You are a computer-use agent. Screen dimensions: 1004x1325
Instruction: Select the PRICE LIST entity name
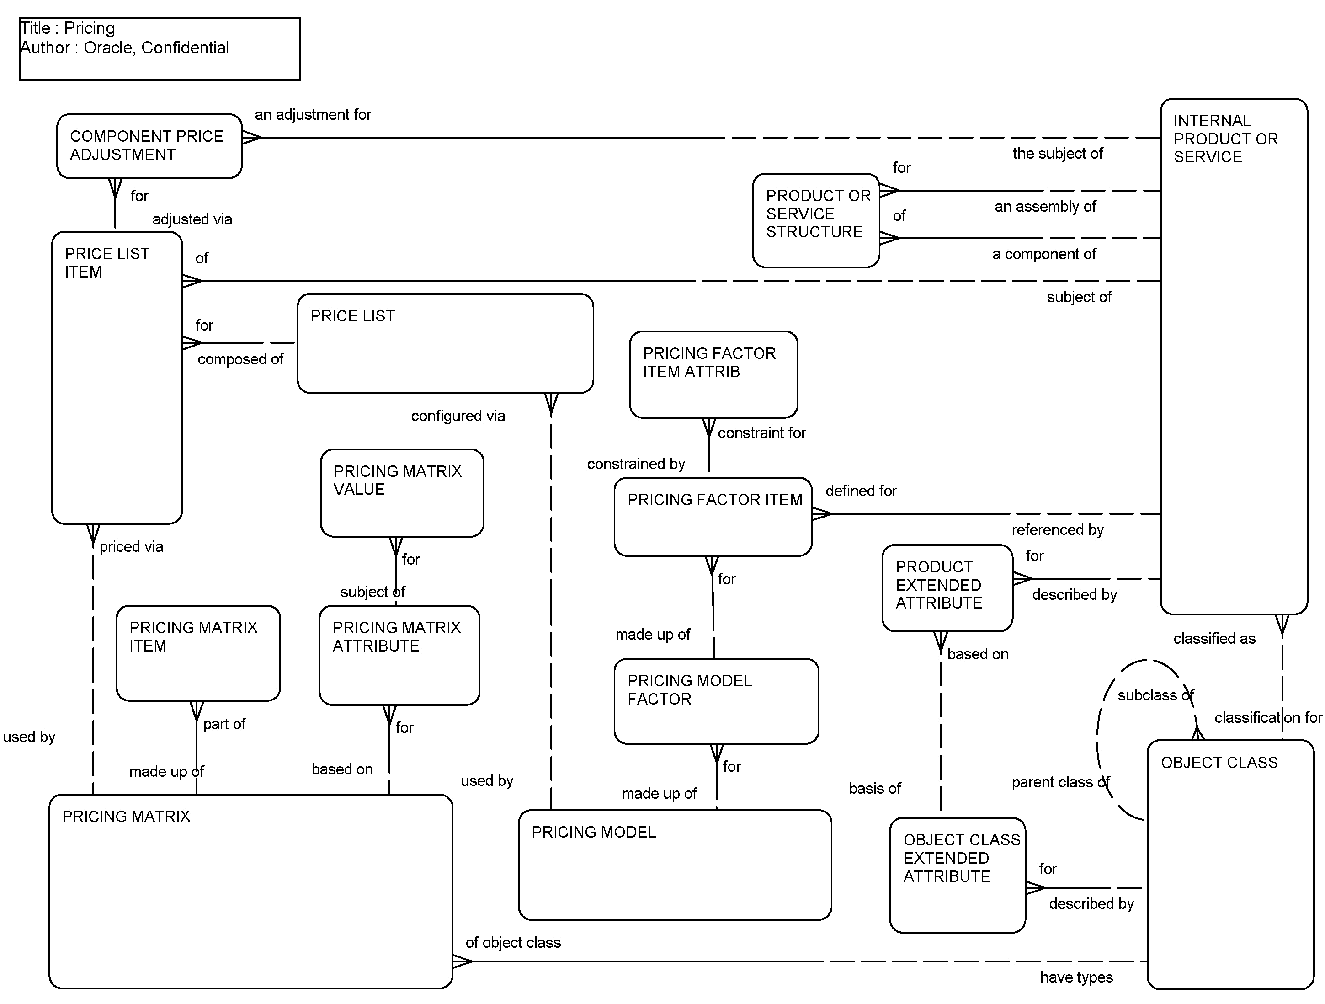[352, 316]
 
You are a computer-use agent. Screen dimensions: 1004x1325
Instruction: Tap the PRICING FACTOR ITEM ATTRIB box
[713, 374]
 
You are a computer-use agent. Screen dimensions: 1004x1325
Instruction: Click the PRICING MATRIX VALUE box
[401, 492]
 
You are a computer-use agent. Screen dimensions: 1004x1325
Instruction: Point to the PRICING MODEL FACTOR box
[716, 701]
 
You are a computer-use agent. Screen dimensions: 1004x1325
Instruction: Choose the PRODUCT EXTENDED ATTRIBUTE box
[947, 587]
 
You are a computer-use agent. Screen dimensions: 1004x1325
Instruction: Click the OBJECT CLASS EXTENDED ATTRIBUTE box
[957, 875]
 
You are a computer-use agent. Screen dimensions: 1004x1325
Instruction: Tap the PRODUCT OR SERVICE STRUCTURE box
[815, 220]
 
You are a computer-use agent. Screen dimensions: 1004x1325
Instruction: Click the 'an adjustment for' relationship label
[313, 114]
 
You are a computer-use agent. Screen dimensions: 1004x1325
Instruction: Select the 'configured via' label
[458, 416]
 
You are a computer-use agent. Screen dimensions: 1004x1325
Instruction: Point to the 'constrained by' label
[636, 464]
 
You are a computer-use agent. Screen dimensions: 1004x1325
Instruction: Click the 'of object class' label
[513, 942]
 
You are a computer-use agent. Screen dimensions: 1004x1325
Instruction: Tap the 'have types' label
[1076, 977]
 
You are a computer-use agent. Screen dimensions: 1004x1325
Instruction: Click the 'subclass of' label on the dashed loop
[1155, 695]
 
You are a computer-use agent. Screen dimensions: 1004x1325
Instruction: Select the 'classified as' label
[1213, 639]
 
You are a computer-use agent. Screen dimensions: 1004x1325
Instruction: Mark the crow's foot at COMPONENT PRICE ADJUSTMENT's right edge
[251, 137]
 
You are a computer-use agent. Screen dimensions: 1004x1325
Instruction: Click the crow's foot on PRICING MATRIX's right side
[462, 961]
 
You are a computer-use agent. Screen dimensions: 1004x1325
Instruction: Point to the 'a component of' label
[1043, 254]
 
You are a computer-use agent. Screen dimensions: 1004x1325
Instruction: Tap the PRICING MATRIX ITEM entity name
[193, 636]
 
